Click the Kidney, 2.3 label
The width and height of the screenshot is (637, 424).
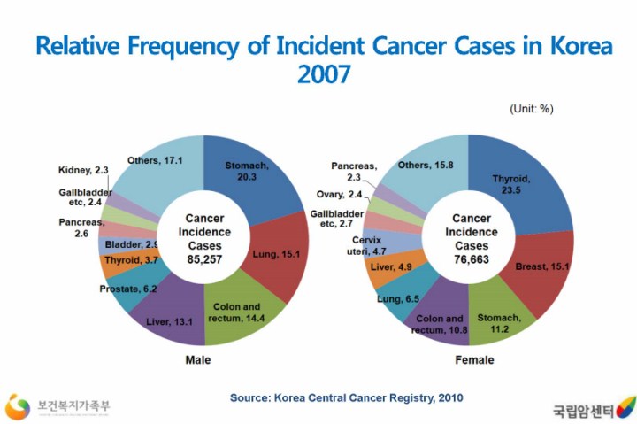pyautogui.click(x=83, y=170)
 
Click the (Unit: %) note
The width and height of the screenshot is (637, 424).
pyautogui.click(x=532, y=109)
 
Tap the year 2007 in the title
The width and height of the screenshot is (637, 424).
pyautogui.click(x=323, y=74)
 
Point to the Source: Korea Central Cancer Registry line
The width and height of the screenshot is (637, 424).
pyautogui.click(x=346, y=397)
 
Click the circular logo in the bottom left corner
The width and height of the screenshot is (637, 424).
pyautogui.click(x=18, y=406)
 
